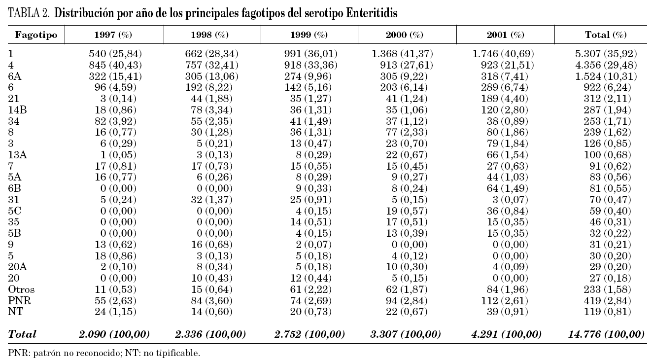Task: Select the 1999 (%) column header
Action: pyautogui.click(x=309, y=35)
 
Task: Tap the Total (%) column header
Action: pyautogui.click(x=605, y=35)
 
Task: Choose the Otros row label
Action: pyautogui.click(x=22, y=289)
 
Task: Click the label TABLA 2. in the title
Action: pyautogui.click(x=29, y=14)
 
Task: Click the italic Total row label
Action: pyautogui.click(x=22, y=334)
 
